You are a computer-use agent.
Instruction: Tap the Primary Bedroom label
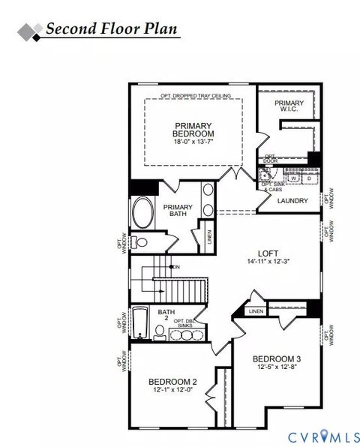(193, 130)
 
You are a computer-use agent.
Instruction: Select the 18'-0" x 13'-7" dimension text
(193, 141)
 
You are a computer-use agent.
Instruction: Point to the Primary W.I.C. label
(289, 106)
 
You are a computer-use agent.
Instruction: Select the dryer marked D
(308, 178)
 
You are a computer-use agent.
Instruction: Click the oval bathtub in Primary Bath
(141, 214)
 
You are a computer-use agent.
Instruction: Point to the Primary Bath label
(178, 211)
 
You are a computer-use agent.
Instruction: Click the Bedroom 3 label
(276, 358)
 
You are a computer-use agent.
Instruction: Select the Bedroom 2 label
(172, 380)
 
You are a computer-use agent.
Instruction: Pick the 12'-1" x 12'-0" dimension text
(172, 389)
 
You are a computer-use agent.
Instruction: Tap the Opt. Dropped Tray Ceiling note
(195, 96)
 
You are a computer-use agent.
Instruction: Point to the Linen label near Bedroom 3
(256, 310)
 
